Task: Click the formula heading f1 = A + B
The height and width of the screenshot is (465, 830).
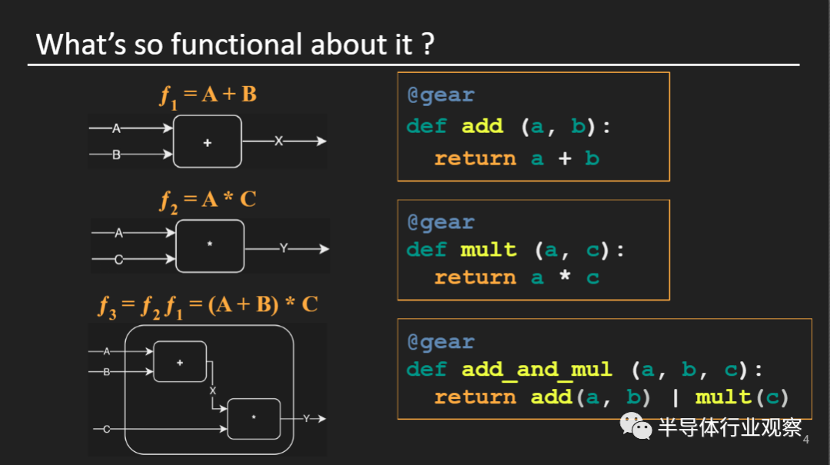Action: pyautogui.click(x=207, y=95)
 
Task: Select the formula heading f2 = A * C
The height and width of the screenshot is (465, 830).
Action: pyautogui.click(x=207, y=200)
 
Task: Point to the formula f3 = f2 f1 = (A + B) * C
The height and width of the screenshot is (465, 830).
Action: pyautogui.click(x=207, y=304)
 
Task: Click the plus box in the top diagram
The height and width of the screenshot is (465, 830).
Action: pyautogui.click(x=207, y=142)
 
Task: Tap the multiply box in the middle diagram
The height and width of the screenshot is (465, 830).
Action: pyautogui.click(x=210, y=246)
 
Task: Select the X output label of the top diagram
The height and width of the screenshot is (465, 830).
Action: pyautogui.click(x=279, y=141)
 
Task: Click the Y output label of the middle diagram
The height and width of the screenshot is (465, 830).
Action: pyautogui.click(x=284, y=248)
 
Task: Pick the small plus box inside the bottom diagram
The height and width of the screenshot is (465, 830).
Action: pyautogui.click(x=180, y=361)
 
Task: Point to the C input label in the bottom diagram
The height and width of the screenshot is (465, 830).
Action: pyautogui.click(x=107, y=429)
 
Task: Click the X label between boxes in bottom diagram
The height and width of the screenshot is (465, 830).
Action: pyautogui.click(x=213, y=391)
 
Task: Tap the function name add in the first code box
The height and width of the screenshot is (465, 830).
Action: pyautogui.click(x=482, y=127)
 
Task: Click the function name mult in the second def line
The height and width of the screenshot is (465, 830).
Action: pyautogui.click(x=488, y=251)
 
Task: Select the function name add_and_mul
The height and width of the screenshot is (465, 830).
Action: pyautogui.click(x=536, y=370)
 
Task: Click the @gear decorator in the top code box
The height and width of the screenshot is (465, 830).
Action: pyautogui.click(x=440, y=95)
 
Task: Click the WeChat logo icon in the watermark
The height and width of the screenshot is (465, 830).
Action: pyautogui.click(x=636, y=425)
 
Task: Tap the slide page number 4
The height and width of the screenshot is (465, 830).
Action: pyautogui.click(x=805, y=440)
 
